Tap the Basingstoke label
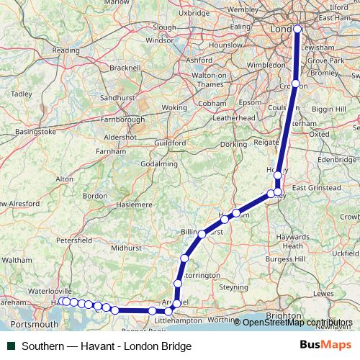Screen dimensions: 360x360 pyautogui.click(x=32, y=132)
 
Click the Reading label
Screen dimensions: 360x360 pyautogui.click(x=66, y=50)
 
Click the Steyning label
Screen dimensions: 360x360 pyautogui.click(x=235, y=287)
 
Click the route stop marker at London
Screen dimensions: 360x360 pyautogui.click(x=297, y=30)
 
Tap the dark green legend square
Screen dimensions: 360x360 pyautogui.click(x=12, y=346)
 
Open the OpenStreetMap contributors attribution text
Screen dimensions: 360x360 pyautogui.click(x=297, y=322)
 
